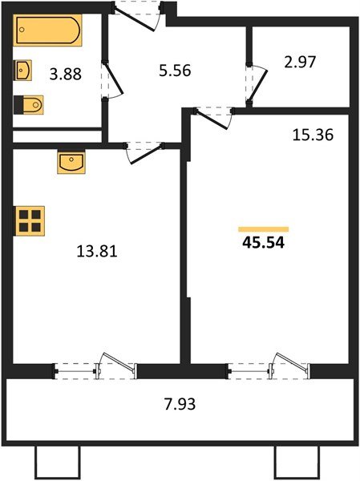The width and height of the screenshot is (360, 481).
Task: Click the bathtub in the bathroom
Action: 47,31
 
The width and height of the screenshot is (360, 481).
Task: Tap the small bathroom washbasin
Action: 23,71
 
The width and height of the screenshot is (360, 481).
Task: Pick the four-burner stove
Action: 30,220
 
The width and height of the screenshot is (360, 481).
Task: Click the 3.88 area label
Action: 65,75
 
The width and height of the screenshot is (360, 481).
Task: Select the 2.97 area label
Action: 300,63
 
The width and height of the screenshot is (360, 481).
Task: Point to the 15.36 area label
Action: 311,135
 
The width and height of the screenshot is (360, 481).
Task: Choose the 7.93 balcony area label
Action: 176,403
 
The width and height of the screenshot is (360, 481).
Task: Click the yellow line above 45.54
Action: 263,229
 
